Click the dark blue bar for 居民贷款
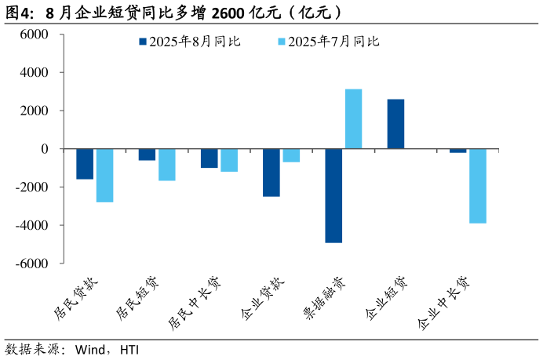tap(85, 164)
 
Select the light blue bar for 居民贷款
tap(104, 176)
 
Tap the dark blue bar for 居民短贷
tap(147, 155)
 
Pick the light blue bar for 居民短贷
tap(166, 165)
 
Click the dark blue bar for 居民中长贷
tap(210, 158)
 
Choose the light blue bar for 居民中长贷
tap(229, 160)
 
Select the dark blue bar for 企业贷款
tap(271, 173)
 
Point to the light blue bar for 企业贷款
tap(291, 155)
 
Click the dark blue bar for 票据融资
tap(333, 196)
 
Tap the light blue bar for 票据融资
tap(353, 119)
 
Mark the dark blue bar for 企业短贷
tap(395, 124)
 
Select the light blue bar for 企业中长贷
tap(478, 186)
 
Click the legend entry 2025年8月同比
tap(189, 42)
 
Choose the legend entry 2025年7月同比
tap(329, 42)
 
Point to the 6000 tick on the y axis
tap(34, 35)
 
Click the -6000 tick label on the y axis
tap(32, 264)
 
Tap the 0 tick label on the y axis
tap(45, 149)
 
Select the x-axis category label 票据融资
tap(323, 299)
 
